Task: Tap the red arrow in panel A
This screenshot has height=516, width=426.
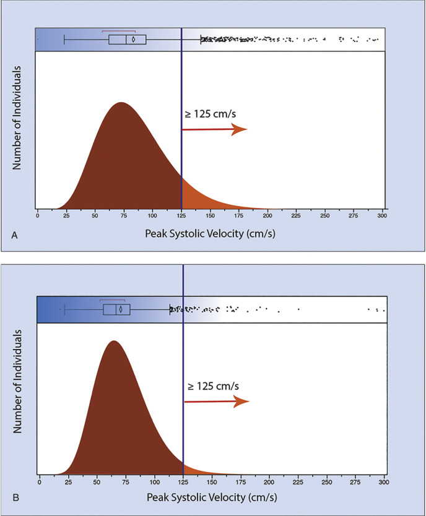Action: (214, 129)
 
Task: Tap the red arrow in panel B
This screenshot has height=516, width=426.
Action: (217, 402)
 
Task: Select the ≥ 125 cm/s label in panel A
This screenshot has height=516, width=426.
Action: (207, 114)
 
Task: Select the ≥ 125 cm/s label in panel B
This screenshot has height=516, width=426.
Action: (212, 386)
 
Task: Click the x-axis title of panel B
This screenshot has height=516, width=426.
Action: (212, 497)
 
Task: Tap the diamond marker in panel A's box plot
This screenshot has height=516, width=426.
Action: (133, 40)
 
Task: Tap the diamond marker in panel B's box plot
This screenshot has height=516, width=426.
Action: (120, 309)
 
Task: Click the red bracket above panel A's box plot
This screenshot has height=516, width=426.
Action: (118, 30)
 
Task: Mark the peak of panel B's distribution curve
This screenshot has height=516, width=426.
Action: (113, 341)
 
